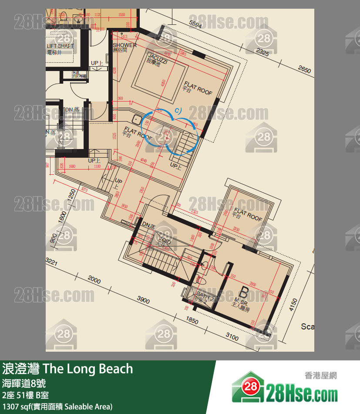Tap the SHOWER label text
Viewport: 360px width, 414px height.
coord(124,45)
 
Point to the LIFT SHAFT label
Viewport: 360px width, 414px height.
coord(60,46)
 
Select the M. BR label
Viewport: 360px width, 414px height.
coord(241,301)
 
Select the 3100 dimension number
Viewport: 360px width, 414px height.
coord(232,337)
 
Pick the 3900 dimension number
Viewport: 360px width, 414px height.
coord(143,300)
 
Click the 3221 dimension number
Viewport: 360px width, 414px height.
coord(52,262)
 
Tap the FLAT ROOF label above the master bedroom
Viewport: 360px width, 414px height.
coord(248,214)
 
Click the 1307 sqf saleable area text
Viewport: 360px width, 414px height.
coord(57,407)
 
